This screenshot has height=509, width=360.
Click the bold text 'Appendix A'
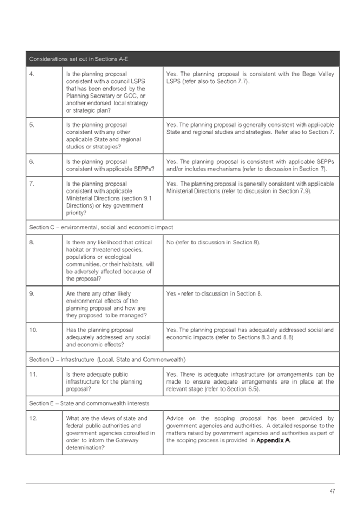(x=273, y=441)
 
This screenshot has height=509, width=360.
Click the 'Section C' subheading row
(x=101, y=227)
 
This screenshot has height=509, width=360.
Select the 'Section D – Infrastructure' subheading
(x=107, y=359)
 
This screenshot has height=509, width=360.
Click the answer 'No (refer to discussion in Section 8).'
(x=213, y=242)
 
